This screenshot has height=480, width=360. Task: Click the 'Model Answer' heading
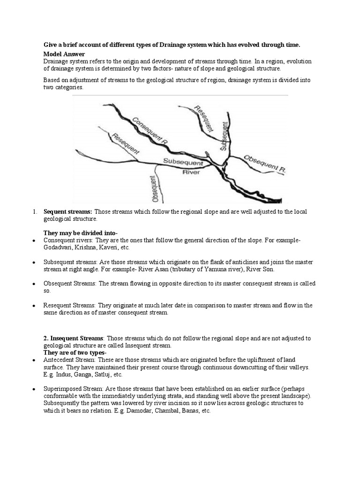64,54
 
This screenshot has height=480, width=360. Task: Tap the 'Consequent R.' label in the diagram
150,129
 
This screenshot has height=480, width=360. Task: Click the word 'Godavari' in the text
56,247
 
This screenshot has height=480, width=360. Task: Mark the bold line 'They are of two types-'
75,352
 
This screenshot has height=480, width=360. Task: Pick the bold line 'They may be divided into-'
81,233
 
